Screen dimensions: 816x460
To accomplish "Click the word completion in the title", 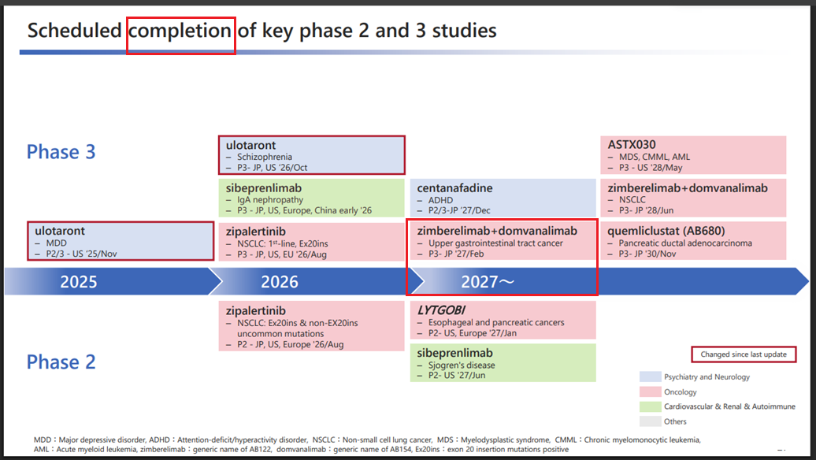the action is click(180, 32).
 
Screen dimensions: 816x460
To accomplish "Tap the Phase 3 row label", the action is click(61, 152).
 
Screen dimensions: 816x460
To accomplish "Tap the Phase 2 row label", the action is click(61, 362).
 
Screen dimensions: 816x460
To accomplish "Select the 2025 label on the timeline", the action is click(79, 281).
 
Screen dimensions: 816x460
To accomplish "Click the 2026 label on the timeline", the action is click(280, 281).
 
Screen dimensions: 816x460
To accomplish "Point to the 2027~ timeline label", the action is click(488, 281).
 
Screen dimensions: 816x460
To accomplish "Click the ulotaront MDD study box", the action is click(121, 241).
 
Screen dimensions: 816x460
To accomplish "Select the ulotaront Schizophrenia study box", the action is click(312, 155).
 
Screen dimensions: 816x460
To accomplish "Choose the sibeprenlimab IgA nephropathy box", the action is click(311, 198).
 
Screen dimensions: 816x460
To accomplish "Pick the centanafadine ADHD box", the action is click(503, 198).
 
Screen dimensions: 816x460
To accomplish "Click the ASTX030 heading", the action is click(632, 145).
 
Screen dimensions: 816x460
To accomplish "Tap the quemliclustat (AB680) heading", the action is click(666, 231).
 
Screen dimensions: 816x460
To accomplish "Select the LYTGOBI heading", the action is click(441, 310).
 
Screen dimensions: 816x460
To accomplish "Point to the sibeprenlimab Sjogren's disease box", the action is click(503, 362).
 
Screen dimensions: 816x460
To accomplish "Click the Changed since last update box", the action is click(744, 354).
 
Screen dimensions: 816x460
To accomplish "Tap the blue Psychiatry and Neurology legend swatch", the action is click(651, 377).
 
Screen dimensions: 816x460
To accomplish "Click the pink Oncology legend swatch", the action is click(651, 391).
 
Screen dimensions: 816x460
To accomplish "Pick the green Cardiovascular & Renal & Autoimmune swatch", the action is click(651, 406).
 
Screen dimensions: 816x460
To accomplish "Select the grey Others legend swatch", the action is click(651, 421).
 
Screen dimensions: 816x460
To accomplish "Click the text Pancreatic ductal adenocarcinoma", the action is click(685, 243).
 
